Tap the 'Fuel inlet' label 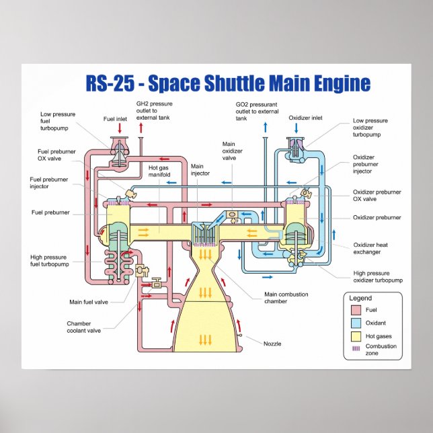click(x=115, y=118)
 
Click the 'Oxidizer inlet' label click(x=306, y=118)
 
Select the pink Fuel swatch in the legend click(x=356, y=311)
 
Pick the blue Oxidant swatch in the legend click(x=356, y=323)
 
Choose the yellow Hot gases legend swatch click(x=356, y=336)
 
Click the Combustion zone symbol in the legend click(x=356, y=349)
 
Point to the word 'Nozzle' click(x=272, y=344)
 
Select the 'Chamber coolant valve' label click(x=83, y=327)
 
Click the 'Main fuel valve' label click(x=88, y=302)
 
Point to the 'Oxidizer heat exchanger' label click(x=370, y=249)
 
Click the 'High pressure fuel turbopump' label click(x=49, y=260)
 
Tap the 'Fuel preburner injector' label click(x=48, y=184)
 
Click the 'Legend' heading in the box click(x=360, y=298)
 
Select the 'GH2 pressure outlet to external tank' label click(x=155, y=112)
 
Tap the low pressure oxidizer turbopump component click(x=296, y=150)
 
